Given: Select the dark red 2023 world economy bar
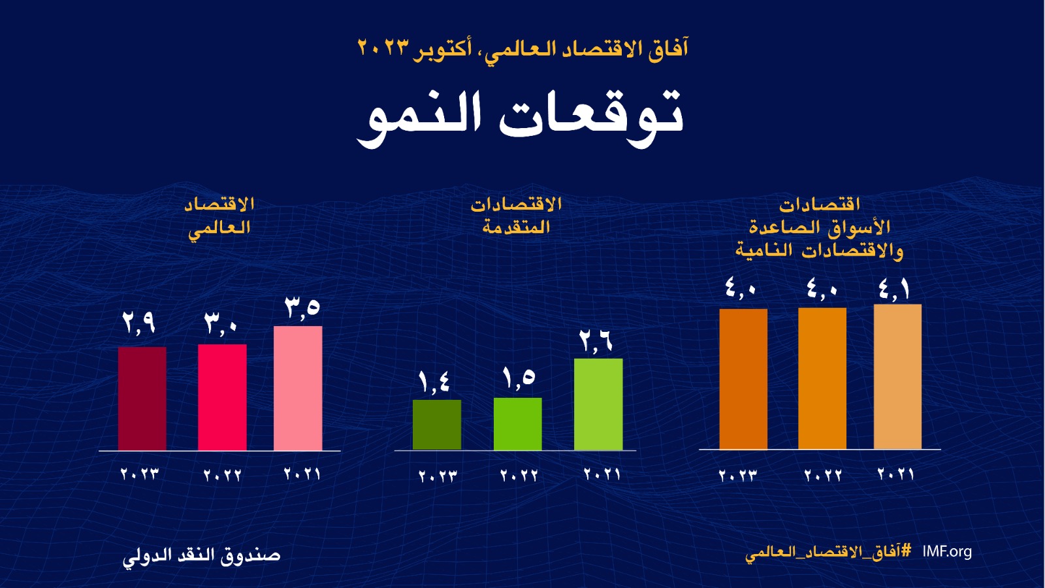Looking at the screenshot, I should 142,398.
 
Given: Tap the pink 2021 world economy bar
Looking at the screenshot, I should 298,388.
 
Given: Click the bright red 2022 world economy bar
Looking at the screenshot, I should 222,397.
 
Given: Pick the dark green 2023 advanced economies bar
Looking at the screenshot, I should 437,425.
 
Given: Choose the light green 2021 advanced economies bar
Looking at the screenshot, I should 598,404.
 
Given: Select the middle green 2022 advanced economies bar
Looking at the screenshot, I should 518,423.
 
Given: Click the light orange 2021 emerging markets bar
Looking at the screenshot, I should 897,376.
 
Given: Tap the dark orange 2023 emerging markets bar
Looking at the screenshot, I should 743,379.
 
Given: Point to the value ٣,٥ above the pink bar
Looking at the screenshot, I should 302,307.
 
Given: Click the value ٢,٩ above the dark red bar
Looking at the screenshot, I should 138,322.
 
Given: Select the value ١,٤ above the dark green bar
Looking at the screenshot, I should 434,382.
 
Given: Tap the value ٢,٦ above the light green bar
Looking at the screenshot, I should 596,341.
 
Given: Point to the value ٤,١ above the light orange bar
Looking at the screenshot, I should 894,289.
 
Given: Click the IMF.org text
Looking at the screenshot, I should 947,551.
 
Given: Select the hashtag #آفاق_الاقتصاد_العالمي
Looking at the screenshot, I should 828,552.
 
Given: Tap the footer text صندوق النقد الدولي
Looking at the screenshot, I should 202,556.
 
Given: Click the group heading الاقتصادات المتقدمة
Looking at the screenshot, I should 516,216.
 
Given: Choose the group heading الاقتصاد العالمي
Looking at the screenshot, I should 219,216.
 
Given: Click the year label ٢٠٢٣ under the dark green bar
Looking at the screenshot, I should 438,476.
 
